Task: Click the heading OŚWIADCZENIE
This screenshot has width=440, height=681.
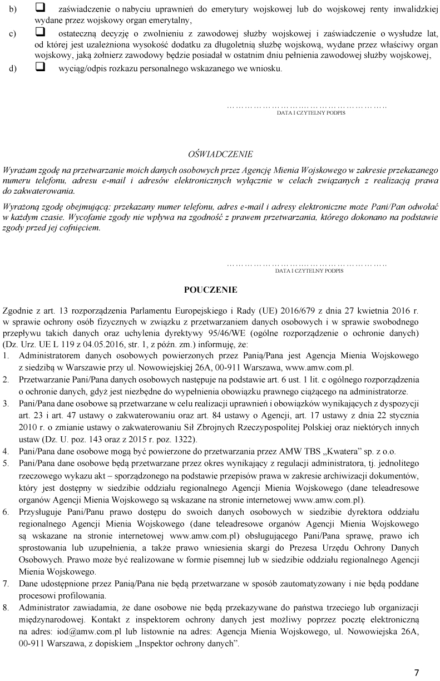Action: [x=220, y=154]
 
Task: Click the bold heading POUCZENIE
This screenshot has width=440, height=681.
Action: [x=210, y=290]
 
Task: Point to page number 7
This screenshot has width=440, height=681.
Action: [x=417, y=672]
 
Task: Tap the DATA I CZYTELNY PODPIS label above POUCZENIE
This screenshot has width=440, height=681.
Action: [x=309, y=271]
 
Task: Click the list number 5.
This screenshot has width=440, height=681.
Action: [x=6, y=462]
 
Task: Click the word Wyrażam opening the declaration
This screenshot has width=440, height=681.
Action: [x=18, y=170]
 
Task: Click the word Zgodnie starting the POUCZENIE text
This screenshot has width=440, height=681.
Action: [x=17, y=310]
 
